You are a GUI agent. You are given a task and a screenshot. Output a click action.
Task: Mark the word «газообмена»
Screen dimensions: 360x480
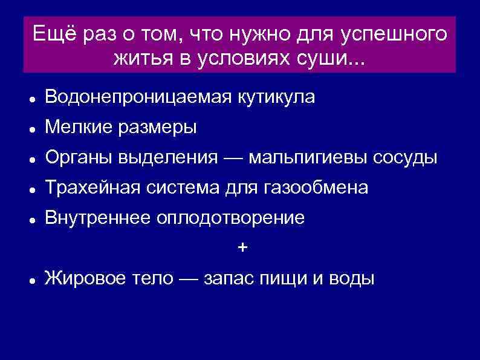click(316, 189)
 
